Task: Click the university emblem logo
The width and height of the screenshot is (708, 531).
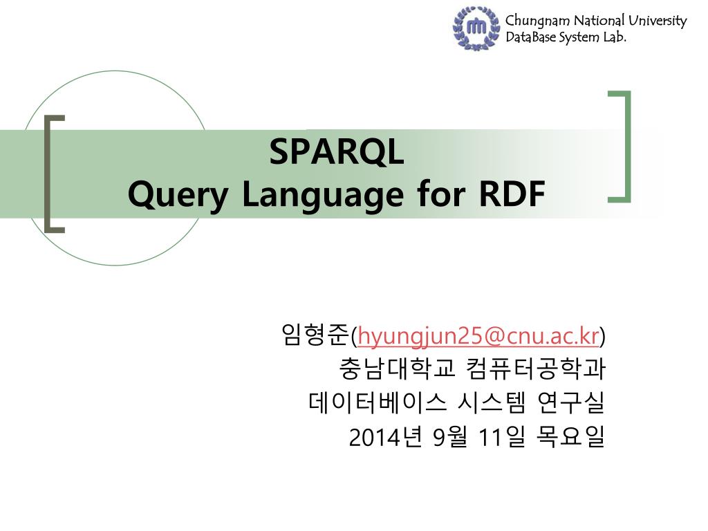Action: point(476,28)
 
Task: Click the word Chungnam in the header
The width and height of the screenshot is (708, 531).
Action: point(537,21)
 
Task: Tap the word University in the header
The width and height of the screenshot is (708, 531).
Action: point(658,21)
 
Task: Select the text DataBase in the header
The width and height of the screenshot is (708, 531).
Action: point(530,37)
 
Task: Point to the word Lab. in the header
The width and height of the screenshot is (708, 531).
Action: point(615,37)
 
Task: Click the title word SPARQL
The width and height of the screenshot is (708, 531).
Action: point(337,151)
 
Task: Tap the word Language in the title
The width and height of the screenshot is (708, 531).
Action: point(323,194)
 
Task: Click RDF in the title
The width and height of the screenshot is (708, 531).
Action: point(512,194)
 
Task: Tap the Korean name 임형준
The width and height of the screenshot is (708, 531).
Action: point(315,335)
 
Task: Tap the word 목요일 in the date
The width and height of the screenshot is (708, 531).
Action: point(570,436)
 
